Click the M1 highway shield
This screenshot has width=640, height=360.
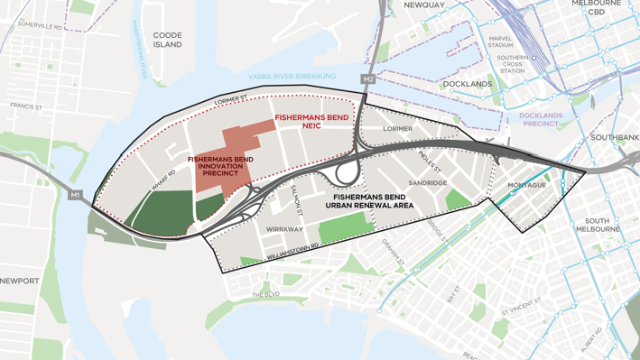pyautogui.click(x=75, y=195)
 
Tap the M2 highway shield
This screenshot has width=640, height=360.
pyautogui.click(x=367, y=79)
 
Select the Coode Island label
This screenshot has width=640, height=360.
pyautogui.click(x=167, y=40)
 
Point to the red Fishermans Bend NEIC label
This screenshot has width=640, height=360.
pyautogui.click(x=311, y=121)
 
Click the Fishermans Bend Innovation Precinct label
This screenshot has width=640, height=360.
pyautogui.click(x=220, y=166)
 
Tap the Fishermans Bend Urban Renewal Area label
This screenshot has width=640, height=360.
pyautogui.click(x=373, y=200)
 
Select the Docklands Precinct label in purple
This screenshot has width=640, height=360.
pyautogui.click(x=541, y=120)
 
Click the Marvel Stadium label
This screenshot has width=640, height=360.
pyautogui.click(x=500, y=42)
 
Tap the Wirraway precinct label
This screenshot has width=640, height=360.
pyautogui.click(x=285, y=230)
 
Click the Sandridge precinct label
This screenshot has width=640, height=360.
pyautogui.click(x=427, y=183)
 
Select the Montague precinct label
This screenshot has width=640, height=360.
pyautogui.click(x=526, y=185)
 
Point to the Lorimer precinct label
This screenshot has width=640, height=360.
pyautogui.click(x=397, y=129)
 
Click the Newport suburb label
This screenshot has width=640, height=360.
pyautogui.click(x=19, y=281)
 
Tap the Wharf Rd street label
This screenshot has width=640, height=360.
pyautogui.click(x=164, y=180)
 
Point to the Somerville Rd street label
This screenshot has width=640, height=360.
pyautogui.click(x=39, y=26)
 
